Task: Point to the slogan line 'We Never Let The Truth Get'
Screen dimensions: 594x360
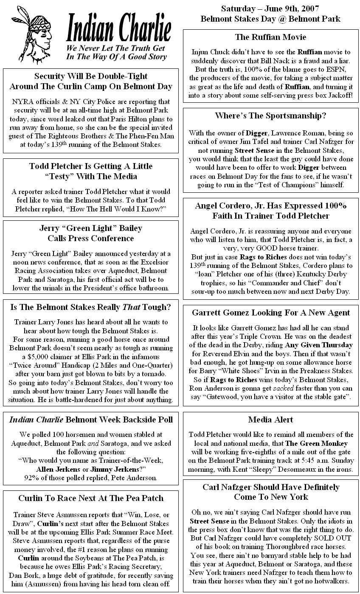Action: [115, 48]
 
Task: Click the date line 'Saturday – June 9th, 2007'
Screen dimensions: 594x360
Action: [270, 9]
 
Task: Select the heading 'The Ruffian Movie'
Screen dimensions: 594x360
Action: [270, 37]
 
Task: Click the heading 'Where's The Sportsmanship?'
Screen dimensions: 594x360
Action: [270, 115]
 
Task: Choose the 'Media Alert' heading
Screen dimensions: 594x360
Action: [270, 420]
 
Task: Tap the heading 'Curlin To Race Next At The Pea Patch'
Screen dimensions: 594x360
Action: [91, 498]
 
